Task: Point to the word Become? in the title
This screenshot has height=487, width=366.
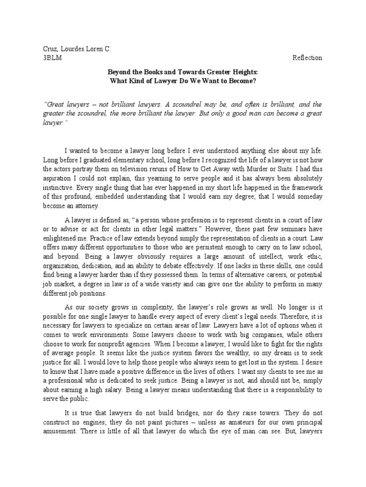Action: (242, 80)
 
